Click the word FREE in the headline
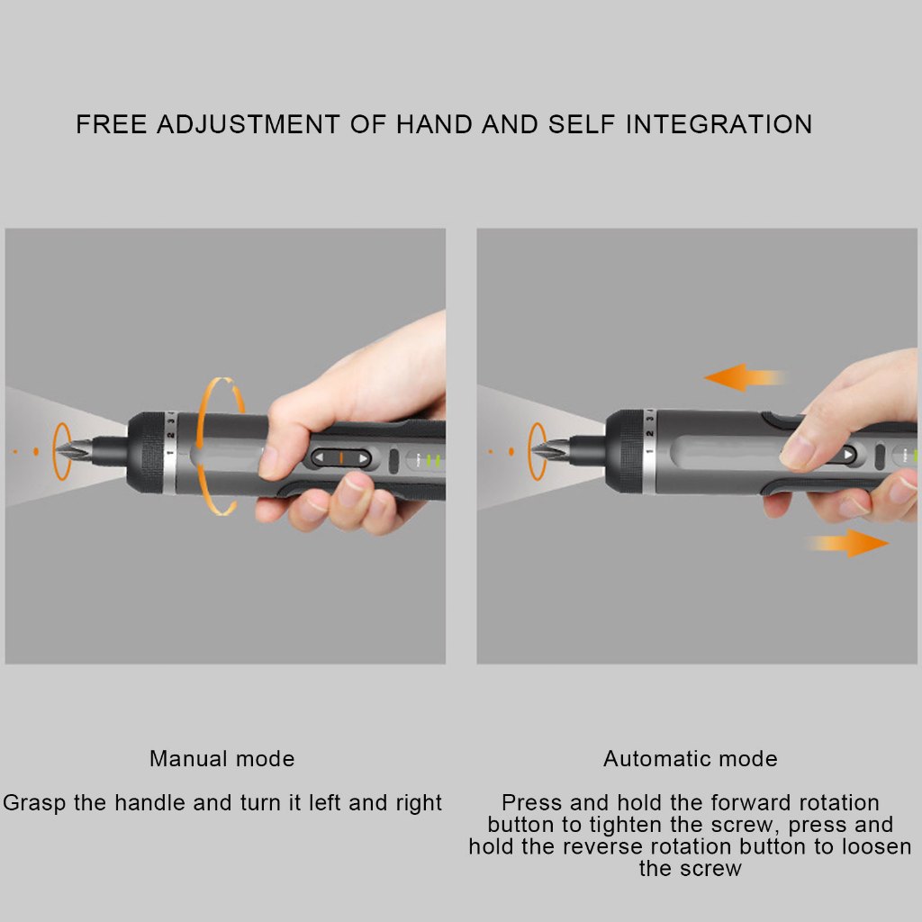(x=112, y=124)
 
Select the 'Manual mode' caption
(x=222, y=758)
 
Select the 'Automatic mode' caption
(x=691, y=758)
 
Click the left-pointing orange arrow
(x=745, y=377)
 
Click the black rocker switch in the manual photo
(x=340, y=457)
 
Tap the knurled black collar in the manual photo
(x=146, y=452)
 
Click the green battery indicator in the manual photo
(x=433, y=460)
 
